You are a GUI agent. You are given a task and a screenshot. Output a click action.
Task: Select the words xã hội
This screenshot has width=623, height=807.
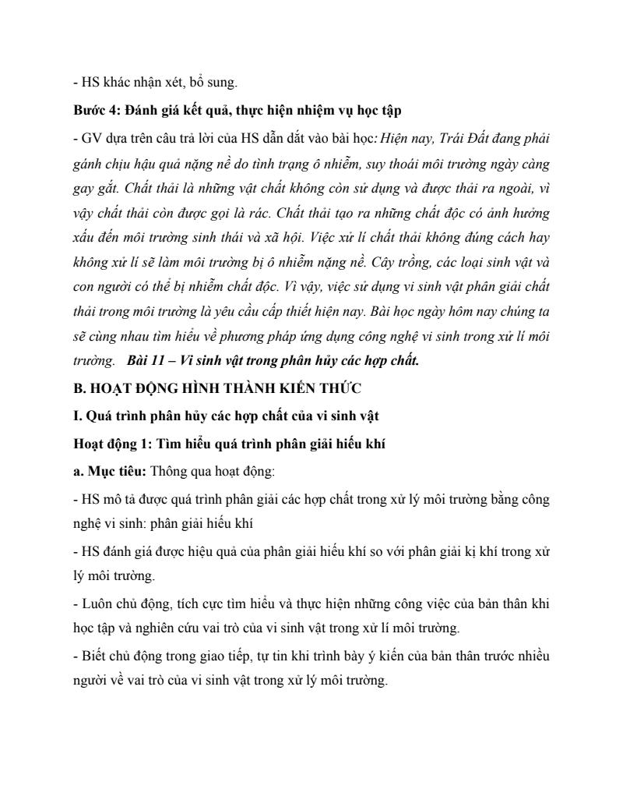click(x=308, y=238)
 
